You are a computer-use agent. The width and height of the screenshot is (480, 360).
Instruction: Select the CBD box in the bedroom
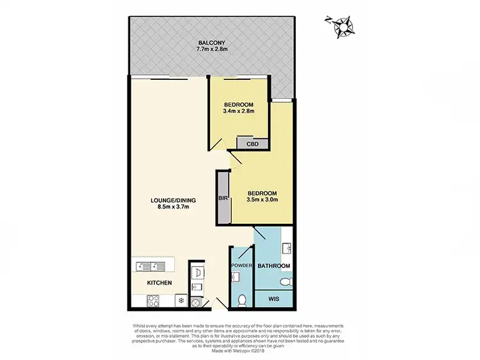[x=252, y=144]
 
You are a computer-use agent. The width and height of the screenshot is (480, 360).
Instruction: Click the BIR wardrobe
[x=223, y=198]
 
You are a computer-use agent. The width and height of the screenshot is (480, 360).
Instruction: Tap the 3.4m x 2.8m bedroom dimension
[x=239, y=111]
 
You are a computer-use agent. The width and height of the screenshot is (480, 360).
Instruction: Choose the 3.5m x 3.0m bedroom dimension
[x=262, y=200]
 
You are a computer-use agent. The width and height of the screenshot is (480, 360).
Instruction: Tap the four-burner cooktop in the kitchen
[x=154, y=299]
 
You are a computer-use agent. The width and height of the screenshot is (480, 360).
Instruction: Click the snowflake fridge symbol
[x=182, y=299]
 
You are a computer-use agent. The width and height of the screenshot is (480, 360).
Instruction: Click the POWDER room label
[x=241, y=266]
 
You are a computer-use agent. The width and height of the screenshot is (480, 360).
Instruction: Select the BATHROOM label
[x=274, y=266]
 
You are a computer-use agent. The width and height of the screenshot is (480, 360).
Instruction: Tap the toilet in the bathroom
[x=287, y=281]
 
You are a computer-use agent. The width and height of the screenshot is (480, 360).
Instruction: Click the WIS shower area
[x=274, y=299]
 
